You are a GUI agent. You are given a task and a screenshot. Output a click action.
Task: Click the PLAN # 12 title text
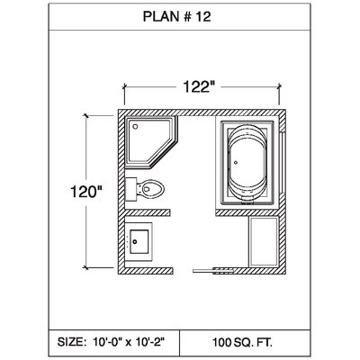coord(176,17)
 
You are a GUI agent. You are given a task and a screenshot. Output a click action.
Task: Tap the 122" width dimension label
coord(199,87)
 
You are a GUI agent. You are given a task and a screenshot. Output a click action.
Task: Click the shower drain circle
coord(135,127)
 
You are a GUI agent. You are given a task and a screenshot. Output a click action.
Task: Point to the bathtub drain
coord(236,163)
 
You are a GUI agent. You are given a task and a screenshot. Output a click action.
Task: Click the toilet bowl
coord(151,189)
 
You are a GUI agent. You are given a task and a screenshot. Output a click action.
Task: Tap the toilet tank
coord(131,189)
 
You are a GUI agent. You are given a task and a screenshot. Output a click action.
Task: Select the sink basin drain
coord(135,241)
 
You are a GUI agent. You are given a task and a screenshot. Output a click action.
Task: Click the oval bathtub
coord(247,163)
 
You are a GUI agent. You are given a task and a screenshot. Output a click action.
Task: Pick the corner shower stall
coord(150,141)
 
